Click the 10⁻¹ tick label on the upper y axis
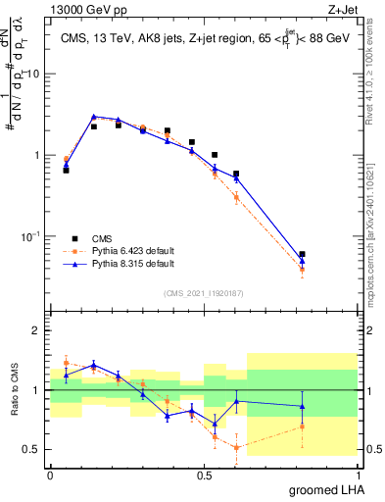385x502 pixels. (x=32, y=236)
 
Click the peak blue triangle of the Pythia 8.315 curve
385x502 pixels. (x=94, y=116)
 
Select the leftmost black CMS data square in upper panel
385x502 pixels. (x=66, y=170)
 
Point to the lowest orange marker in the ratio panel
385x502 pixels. (x=237, y=447)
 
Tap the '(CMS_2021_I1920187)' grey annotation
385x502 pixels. (x=203, y=291)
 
